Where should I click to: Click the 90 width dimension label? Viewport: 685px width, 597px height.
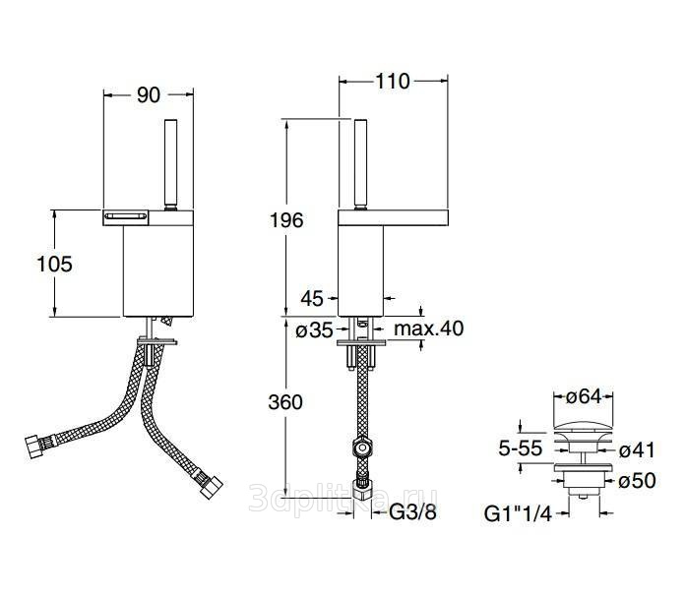(149, 95)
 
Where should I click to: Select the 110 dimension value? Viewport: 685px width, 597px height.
(393, 82)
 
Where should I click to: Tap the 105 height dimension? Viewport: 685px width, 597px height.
(54, 265)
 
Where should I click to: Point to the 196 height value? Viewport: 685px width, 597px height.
(286, 220)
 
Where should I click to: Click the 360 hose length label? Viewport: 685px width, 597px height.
(285, 402)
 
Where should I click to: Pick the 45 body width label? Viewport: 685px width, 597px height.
(312, 299)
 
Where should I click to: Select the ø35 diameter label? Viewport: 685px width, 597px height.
(314, 330)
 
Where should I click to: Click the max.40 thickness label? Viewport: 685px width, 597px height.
(428, 328)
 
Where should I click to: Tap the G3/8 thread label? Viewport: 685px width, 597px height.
(412, 511)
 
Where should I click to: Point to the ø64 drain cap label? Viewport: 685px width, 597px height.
(584, 397)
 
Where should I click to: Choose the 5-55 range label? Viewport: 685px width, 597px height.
(521, 448)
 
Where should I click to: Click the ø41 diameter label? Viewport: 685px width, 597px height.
(638, 450)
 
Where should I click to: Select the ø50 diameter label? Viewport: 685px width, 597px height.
(638, 481)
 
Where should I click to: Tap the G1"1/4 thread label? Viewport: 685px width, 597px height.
(518, 513)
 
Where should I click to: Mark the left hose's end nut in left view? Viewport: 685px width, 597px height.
(35, 447)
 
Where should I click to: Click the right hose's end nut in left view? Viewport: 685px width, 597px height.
(212, 488)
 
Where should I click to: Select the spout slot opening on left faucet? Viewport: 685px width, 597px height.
(125, 215)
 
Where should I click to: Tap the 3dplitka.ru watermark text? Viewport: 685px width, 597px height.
(342, 498)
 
